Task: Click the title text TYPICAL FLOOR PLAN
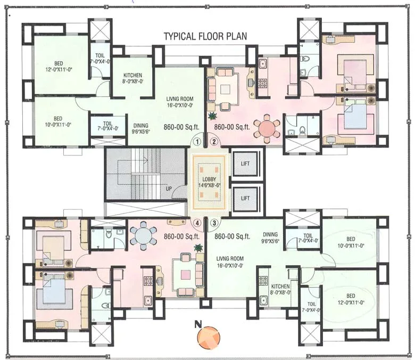click(x=205, y=37)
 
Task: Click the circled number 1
click(x=198, y=142)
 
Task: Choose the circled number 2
click(x=214, y=142)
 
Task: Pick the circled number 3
click(x=214, y=223)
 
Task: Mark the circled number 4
click(x=198, y=223)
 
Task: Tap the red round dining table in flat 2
click(x=267, y=129)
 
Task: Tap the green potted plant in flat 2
click(x=213, y=116)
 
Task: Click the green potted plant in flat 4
click(x=198, y=248)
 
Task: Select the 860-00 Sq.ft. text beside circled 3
click(x=233, y=236)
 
